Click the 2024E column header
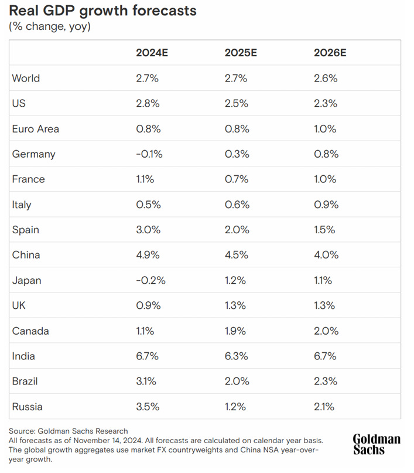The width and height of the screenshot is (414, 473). point(152,53)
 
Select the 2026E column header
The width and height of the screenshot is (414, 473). point(330,53)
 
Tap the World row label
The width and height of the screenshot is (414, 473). point(26,79)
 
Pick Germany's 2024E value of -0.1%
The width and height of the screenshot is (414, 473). point(149,154)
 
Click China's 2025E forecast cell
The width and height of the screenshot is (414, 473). point(237,255)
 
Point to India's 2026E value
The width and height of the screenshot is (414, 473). point(326,356)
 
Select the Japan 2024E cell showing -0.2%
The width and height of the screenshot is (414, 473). point(150,281)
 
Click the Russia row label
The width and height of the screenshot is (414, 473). point(27,407)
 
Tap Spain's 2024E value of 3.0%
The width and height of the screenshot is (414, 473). point(148,230)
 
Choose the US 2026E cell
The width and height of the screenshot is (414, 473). point(326,104)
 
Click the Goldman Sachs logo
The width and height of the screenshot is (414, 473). point(377,444)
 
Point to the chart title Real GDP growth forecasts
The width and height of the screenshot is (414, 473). point(103,11)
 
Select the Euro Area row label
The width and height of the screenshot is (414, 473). point(35,129)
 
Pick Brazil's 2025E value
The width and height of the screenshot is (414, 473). point(237,382)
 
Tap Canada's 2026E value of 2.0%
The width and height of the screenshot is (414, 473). point(326,331)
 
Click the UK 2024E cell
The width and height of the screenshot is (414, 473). point(148,306)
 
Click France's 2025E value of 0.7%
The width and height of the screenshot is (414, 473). point(236,179)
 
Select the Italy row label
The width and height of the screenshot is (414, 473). point(22,205)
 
